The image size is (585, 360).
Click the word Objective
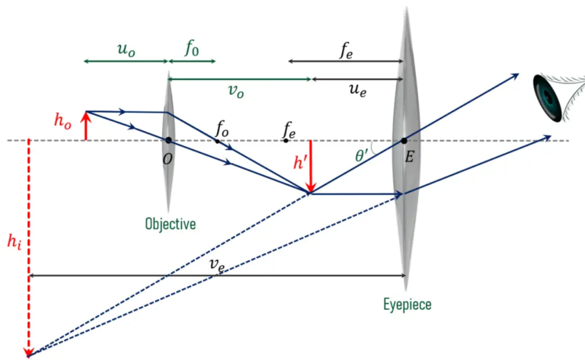170,224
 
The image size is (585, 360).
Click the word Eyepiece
407,304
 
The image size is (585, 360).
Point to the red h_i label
14,246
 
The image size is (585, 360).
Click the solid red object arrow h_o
86,126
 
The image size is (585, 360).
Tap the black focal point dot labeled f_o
217,141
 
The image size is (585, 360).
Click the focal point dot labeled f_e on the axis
286,141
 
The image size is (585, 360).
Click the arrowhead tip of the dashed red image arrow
29,354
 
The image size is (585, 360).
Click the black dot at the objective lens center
168,140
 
